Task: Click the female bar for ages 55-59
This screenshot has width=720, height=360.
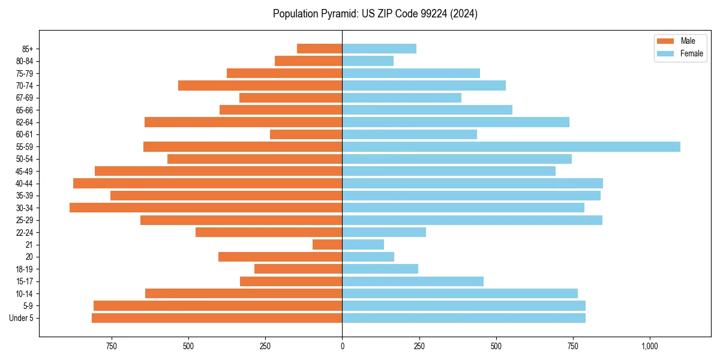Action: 511,147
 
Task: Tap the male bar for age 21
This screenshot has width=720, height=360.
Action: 327,245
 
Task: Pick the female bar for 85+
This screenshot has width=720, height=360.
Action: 379,49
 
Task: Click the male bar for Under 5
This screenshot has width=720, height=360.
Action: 217,318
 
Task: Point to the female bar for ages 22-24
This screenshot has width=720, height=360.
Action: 384,232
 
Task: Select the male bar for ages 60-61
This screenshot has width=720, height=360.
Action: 306,134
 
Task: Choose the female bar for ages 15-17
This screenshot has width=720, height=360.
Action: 413,281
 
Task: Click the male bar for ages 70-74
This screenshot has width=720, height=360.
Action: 260,85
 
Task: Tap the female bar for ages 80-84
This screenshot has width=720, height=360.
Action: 368,61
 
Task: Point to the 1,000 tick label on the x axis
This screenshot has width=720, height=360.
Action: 650,346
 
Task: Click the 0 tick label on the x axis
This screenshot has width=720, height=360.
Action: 342,346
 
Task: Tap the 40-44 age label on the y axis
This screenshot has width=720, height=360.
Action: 24,184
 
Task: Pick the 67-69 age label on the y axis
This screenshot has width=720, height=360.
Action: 24,98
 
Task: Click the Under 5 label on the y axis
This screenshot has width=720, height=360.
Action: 22,318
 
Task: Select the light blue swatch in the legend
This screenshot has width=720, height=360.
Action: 665,53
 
